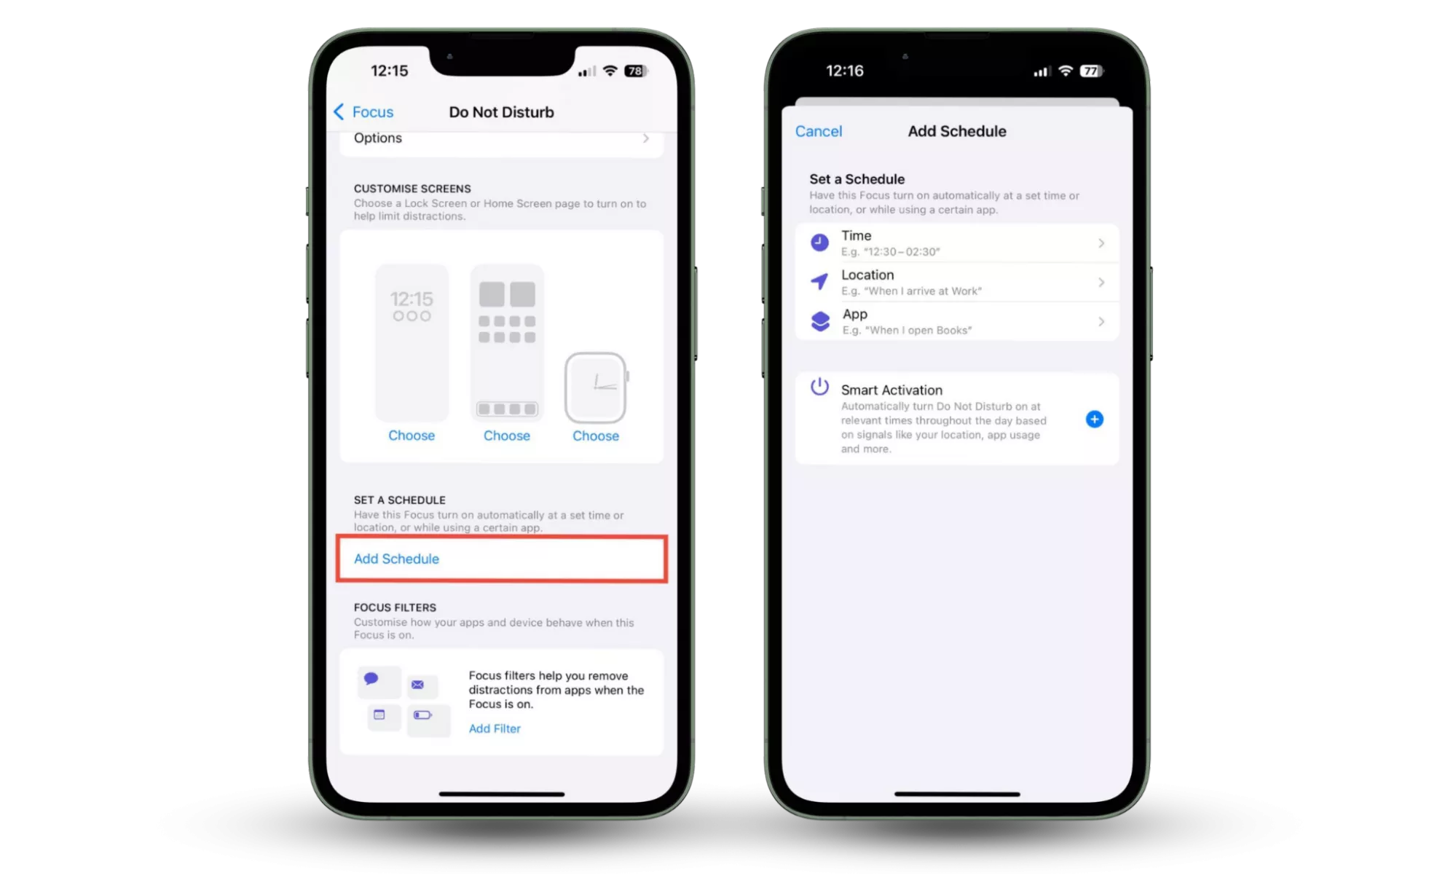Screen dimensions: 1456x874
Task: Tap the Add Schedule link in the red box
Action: [x=396, y=559]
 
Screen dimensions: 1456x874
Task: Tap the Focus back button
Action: [x=363, y=112]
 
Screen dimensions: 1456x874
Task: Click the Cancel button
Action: [x=818, y=131]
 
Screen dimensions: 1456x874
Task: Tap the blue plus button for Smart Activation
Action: [x=1094, y=419]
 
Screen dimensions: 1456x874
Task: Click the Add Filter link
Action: [x=495, y=728]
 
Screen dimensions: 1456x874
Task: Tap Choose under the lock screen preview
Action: [x=412, y=436]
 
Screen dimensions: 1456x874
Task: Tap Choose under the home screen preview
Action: [x=507, y=436]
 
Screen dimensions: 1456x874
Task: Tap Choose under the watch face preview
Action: [x=596, y=436]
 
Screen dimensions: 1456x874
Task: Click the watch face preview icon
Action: [x=596, y=387]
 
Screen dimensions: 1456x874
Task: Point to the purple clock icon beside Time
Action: [x=819, y=243]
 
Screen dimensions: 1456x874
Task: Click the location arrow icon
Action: [x=819, y=282]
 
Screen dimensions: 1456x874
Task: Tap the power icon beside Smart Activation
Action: [x=819, y=387]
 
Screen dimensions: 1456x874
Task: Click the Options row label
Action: [x=377, y=138]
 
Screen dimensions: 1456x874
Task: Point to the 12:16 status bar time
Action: [x=845, y=71]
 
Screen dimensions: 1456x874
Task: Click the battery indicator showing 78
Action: [x=636, y=71]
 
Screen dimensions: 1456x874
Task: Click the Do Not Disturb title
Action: [x=501, y=112]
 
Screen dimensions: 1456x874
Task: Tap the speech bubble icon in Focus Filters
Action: [x=371, y=679]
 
